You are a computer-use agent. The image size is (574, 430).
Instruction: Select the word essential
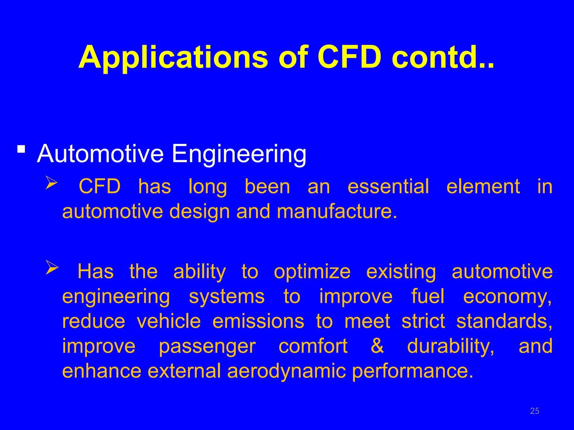(388, 186)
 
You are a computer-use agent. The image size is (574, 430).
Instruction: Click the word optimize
(312, 272)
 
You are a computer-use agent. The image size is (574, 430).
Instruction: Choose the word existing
(401, 272)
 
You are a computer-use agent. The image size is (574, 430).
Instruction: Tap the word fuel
(428, 296)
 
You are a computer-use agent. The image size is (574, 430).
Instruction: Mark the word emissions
(258, 321)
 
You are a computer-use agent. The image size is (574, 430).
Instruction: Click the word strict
(423, 321)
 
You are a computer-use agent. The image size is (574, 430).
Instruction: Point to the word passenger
(207, 347)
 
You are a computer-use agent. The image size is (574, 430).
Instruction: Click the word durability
(450, 346)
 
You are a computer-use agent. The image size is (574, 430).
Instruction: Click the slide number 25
(534, 411)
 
